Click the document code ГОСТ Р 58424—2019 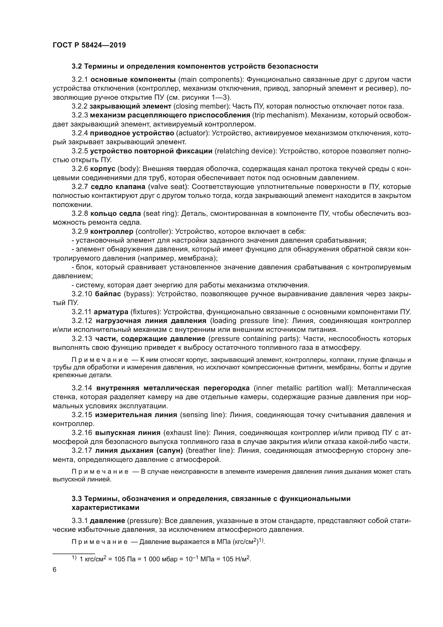click(89, 45)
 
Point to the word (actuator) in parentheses click(193, 133)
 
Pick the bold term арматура click(111, 312)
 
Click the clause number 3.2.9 click(80, 232)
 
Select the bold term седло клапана click(118, 187)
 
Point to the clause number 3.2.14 click(82, 388)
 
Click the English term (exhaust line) click(187, 433)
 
